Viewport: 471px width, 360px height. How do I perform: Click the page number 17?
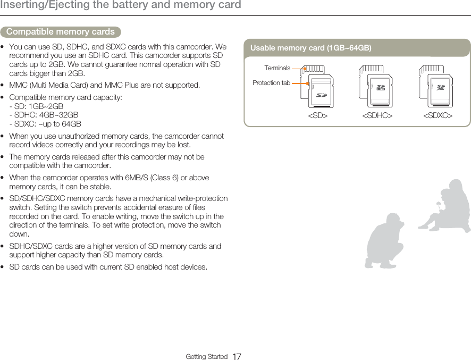coord(237,356)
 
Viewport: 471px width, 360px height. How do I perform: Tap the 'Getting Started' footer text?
coord(206,356)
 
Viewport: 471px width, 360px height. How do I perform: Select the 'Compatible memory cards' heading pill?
coord(61,32)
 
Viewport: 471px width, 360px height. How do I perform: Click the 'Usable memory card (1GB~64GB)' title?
coord(310,48)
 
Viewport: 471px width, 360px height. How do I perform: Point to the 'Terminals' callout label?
coord(277,68)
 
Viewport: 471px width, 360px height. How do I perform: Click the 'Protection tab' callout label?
coord(271,83)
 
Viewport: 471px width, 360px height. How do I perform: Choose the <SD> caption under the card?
coord(318,115)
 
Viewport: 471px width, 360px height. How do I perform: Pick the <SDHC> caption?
coord(377,115)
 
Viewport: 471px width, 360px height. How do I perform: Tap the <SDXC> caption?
coord(438,115)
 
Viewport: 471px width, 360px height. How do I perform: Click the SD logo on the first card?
coord(321,96)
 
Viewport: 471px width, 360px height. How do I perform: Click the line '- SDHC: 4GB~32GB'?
coord(44,115)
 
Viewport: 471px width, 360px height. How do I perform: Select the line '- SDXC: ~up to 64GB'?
coord(45,124)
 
